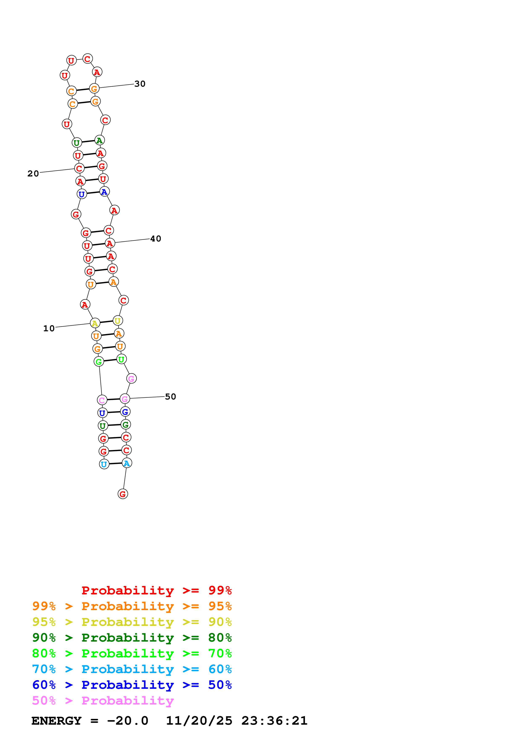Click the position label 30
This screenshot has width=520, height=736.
[x=140, y=84]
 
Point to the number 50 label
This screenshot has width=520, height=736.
[x=171, y=397]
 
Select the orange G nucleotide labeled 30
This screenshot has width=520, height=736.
[x=94, y=89]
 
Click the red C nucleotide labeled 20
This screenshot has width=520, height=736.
[x=79, y=168]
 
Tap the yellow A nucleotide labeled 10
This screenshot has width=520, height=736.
[x=95, y=323]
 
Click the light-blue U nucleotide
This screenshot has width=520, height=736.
[x=104, y=464]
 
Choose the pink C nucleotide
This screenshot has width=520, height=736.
[x=102, y=400]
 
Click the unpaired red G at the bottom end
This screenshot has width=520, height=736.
[x=123, y=494]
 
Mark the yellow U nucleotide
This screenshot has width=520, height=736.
[x=118, y=321]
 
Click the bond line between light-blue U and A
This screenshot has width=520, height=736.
[x=115, y=463]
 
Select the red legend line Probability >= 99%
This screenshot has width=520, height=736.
[x=156, y=590]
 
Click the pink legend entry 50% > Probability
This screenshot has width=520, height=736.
[x=103, y=701]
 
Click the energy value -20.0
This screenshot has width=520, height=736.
[x=128, y=721]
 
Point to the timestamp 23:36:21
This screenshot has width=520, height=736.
[x=274, y=721]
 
